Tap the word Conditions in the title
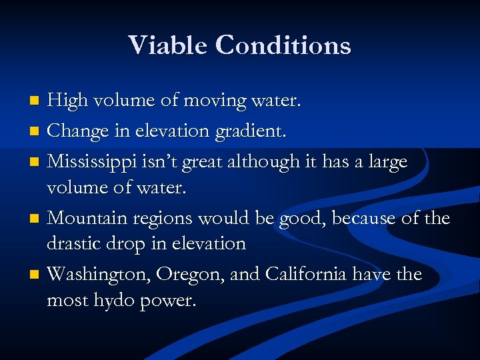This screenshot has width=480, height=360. [283, 45]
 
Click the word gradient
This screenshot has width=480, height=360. [251, 131]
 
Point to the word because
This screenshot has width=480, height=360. [363, 218]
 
